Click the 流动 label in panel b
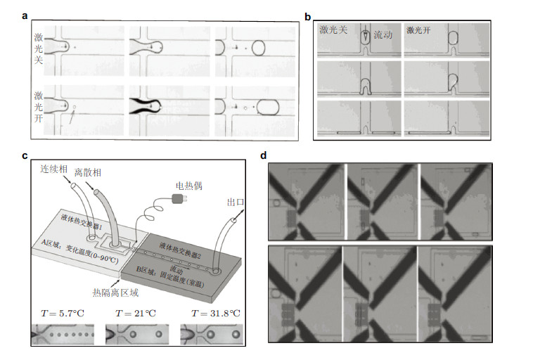tap(383, 33)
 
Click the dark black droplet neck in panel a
tap(146, 107)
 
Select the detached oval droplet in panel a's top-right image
tap(259, 48)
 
